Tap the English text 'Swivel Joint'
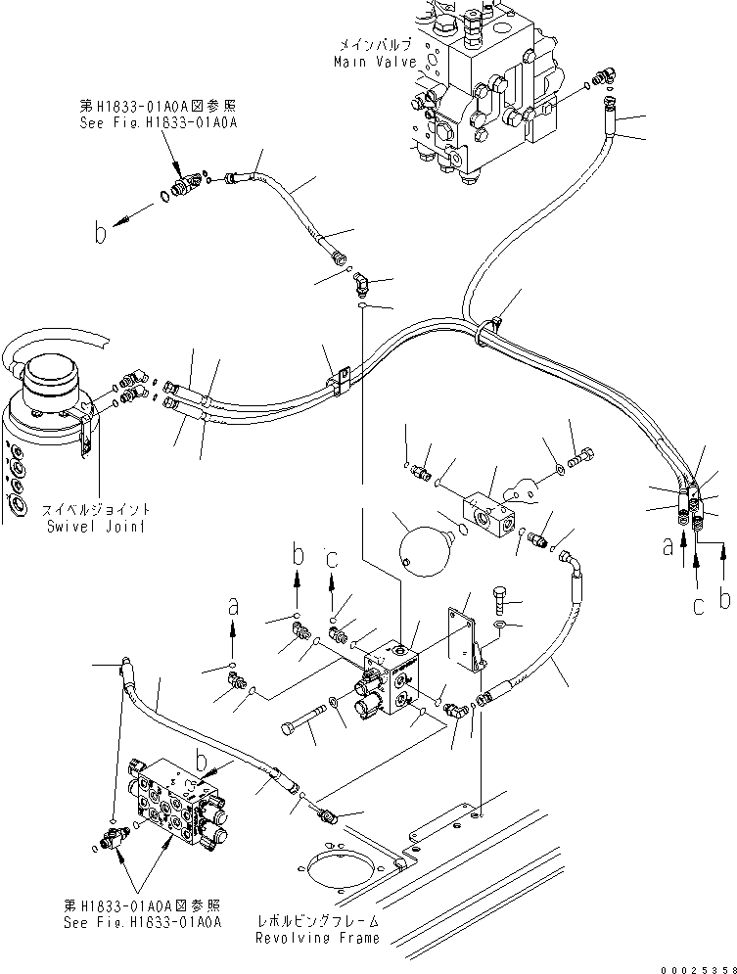pos(95,526)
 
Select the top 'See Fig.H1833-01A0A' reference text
pos(159,122)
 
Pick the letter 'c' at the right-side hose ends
pos(698,606)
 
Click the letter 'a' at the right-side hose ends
pos(669,547)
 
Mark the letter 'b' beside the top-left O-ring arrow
pos(99,233)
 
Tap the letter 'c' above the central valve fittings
pos(333,559)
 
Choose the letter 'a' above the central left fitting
pos(232,607)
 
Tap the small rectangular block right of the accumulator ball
pos(494,508)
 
